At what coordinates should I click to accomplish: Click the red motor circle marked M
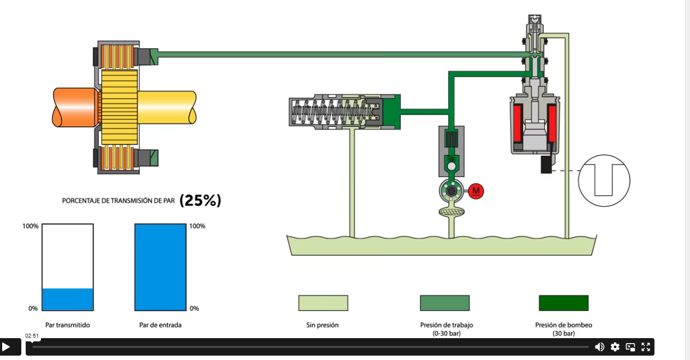(x=476, y=191)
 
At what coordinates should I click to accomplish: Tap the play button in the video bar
(x=7, y=347)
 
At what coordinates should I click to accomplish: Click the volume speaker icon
(x=600, y=347)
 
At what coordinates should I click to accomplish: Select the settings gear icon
(x=615, y=347)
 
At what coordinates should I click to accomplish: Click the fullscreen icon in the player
(x=646, y=347)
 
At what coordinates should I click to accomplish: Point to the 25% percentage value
(x=200, y=200)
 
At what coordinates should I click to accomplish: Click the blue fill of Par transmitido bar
(x=68, y=299)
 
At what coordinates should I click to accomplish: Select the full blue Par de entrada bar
(x=160, y=267)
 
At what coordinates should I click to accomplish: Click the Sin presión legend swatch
(x=323, y=303)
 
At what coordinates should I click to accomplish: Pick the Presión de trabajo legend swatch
(x=445, y=303)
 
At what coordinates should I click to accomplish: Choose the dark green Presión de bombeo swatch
(x=564, y=303)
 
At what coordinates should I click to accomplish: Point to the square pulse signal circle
(x=604, y=180)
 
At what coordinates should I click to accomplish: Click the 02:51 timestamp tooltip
(x=32, y=336)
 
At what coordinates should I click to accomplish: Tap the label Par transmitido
(x=68, y=325)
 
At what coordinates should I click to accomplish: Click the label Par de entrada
(x=160, y=325)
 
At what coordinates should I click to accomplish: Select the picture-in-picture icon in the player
(x=630, y=347)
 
